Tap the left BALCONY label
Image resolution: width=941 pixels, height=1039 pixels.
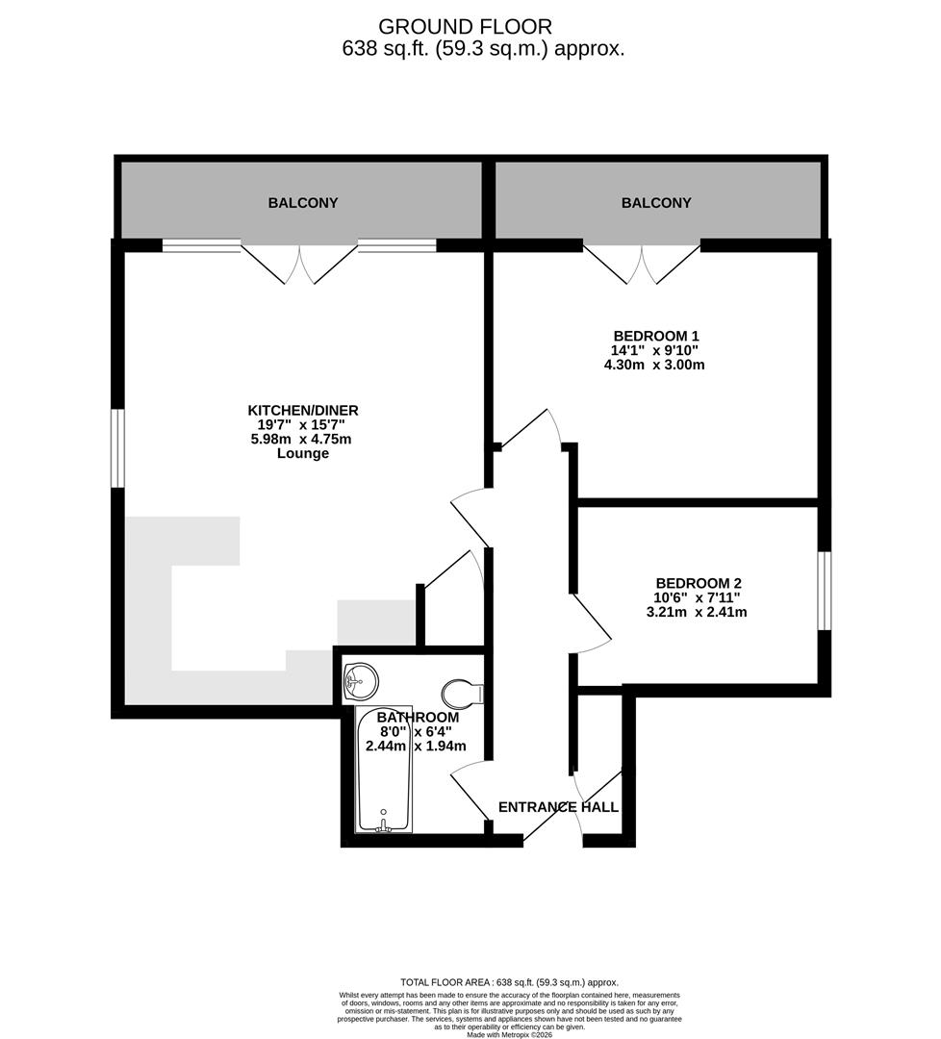click(x=303, y=203)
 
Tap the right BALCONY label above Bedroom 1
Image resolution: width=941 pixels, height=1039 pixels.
click(x=656, y=203)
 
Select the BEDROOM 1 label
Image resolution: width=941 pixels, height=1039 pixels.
click(x=656, y=336)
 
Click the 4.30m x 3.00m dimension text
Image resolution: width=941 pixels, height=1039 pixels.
click(x=656, y=365)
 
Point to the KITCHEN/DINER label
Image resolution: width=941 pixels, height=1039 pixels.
click(x=303, y=411)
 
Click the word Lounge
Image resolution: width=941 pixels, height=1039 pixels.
click(x=303, y=453)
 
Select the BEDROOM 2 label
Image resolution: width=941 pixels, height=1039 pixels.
click(x=699, y=583)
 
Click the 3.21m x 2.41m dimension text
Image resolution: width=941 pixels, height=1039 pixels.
click(x=699, y=612)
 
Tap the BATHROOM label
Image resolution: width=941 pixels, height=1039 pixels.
click(x=418, y=718)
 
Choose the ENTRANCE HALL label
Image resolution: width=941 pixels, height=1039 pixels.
click(x=558, y=807)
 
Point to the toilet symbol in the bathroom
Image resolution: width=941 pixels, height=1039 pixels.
click(x=466, y=692)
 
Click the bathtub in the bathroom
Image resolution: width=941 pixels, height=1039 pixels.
click(x=384, y=770)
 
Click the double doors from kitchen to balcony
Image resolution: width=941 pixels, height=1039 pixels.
click(x=300, y=265)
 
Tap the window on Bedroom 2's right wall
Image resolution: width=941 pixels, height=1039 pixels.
click(x=825, y=591)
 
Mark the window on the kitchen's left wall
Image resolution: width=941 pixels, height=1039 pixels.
click(x=117, y=448)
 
